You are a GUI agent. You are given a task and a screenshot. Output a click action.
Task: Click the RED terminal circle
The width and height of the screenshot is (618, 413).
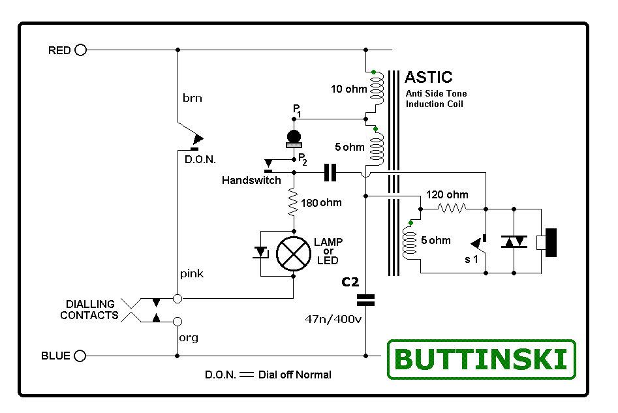[80, 50]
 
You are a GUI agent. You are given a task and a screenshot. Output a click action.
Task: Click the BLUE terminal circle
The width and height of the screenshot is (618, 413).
[80, 356]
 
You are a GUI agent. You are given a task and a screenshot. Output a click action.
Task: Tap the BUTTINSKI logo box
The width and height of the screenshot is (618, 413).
[482, 359]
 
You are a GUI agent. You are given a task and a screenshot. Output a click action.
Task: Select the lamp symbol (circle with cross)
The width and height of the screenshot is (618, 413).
[293, 253]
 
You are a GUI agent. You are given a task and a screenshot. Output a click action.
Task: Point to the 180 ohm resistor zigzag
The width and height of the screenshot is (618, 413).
[293, 203]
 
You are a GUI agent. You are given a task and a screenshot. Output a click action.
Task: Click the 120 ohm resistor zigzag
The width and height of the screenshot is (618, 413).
[451, 209]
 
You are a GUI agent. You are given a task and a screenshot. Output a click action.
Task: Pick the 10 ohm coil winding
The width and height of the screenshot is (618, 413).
[377, 89]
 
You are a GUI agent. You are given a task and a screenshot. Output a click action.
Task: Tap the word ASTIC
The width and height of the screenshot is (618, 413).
[428, 77]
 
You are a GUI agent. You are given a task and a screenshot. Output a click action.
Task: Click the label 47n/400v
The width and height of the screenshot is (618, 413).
[333, 320]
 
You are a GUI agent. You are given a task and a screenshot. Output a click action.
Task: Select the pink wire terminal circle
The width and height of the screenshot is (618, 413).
[177, 298]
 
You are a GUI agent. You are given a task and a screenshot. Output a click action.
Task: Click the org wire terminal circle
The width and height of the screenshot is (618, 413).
[177, 322]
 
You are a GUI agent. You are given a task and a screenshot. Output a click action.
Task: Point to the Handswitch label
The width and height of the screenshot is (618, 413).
[251, 180]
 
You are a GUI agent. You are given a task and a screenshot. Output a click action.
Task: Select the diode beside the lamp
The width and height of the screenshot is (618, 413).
[261, 252]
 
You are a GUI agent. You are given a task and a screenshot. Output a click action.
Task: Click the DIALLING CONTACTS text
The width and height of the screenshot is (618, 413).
[89, 310]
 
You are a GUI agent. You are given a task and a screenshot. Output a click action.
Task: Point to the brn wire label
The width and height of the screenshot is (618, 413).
[192, 99]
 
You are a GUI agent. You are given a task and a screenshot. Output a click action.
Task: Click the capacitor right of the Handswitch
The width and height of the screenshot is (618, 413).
[330, 173]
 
